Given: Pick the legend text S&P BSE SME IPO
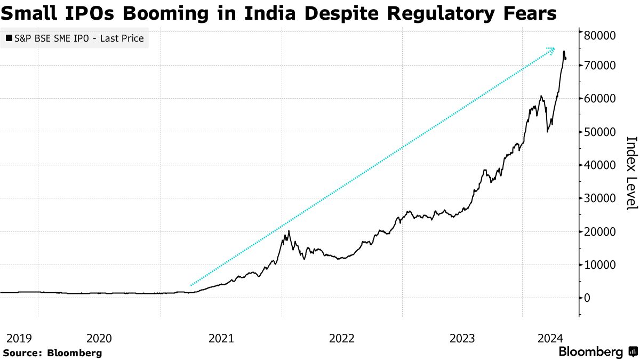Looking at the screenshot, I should click(55, 38).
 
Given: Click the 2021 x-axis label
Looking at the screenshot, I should click(221, 338).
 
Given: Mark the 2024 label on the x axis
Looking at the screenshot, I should click(550, 338).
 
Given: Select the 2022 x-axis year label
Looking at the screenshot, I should click(342, 338).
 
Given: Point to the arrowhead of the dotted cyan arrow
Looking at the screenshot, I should click(552, 50).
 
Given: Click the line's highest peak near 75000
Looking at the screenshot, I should click(564, 51).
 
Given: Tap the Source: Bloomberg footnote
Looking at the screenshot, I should click(52, 353).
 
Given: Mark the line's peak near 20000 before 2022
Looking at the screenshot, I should click(289, 231).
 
